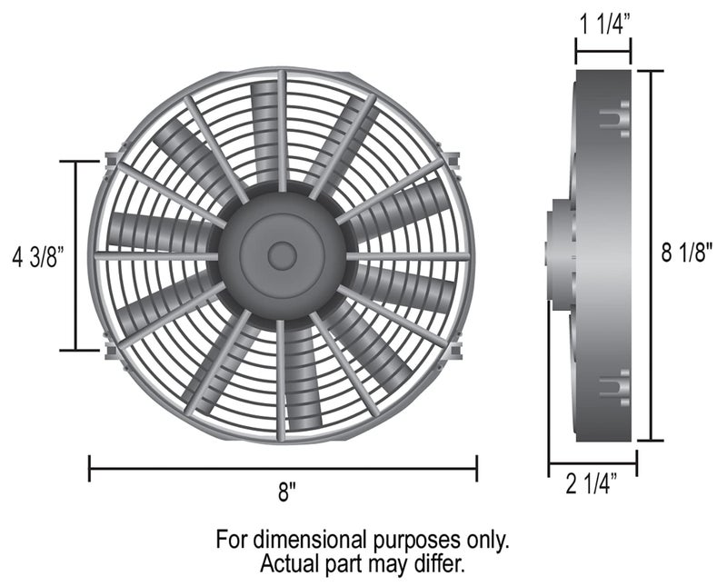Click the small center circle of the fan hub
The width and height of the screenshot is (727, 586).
coord(282,256)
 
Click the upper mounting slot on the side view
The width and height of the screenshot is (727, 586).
coord(616,118)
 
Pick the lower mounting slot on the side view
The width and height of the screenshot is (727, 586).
coord(616,385)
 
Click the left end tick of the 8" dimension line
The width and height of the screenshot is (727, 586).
coord(89,469)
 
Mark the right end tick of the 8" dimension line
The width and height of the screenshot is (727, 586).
coord(476,469)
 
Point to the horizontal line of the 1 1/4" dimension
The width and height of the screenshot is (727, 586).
coord(603,52)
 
